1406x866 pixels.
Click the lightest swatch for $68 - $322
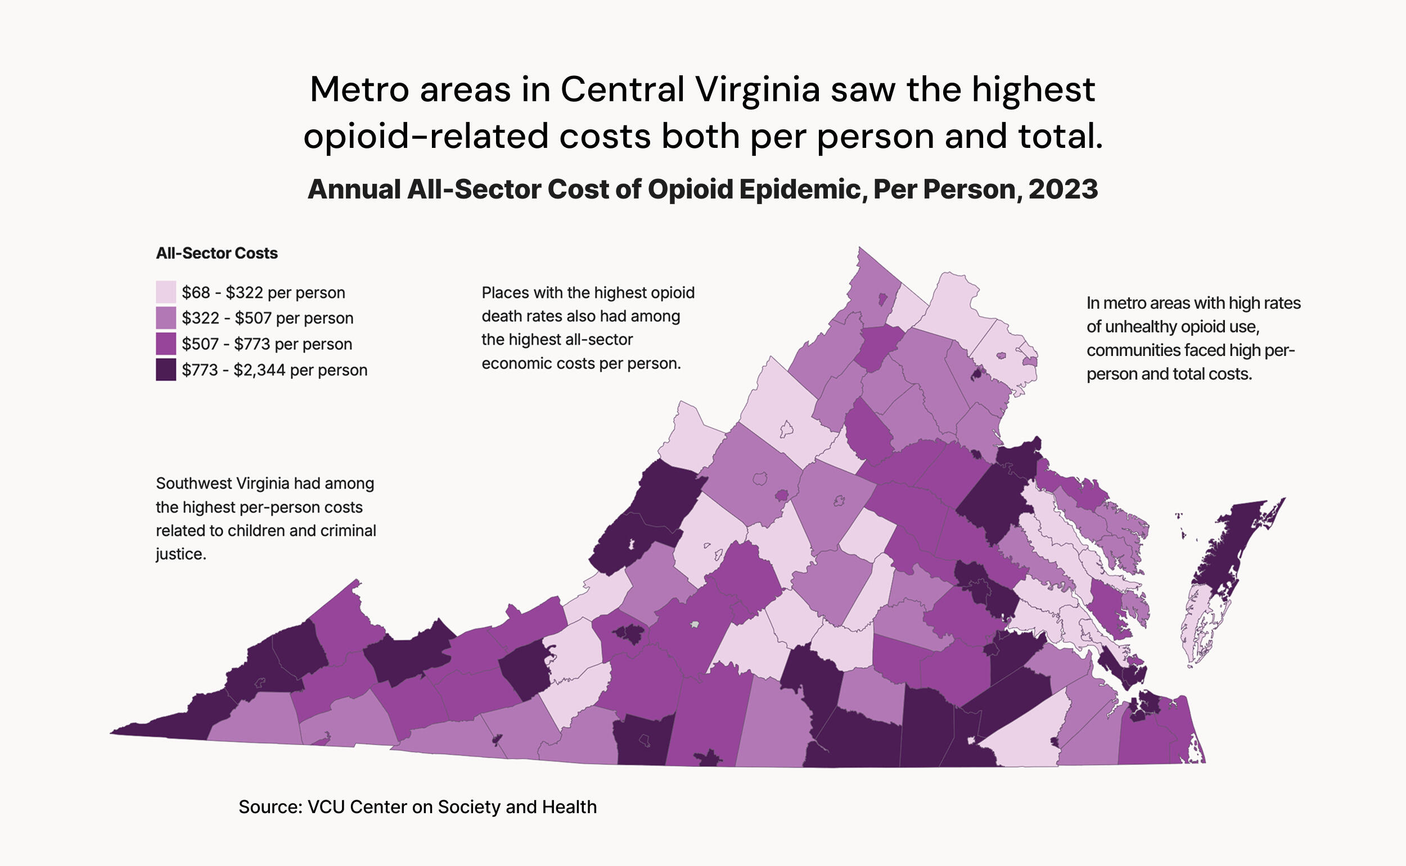click(165, 292)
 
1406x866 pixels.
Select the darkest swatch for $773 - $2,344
click(165, 370)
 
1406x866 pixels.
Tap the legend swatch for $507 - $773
click(165, 344)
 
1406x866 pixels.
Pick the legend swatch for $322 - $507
click(165, 318)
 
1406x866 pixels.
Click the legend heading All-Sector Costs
click(217, 253)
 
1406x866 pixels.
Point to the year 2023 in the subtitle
click(1063, 190)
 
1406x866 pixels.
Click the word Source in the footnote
click(270, 807)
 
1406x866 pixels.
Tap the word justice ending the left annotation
click(179, 554)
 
